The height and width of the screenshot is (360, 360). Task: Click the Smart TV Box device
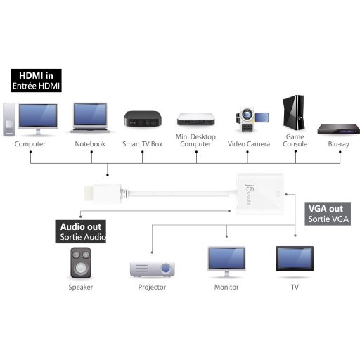[x=143, y=119]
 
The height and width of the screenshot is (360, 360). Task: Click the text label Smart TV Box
[x=143, y=144]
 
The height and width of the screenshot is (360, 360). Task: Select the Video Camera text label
[x=248, y=144]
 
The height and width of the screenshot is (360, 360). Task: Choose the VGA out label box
[x=328, y=214]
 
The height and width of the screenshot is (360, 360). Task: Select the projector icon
[x=152, y=268]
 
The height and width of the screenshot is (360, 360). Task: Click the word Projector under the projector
[x=152, y=288]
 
